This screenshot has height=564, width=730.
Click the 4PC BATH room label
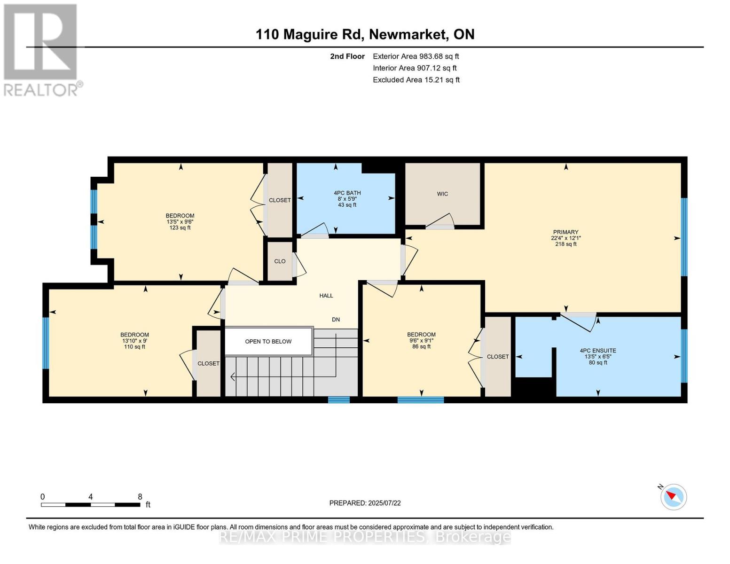(347, 193)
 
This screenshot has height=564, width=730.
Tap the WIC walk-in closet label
(442, 194)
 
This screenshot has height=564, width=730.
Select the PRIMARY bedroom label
(565, 232)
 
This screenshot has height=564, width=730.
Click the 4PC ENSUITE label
(598, 351)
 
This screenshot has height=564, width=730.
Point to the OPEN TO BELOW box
(268, 342)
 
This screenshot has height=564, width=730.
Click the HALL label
(326, 296)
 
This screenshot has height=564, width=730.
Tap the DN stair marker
(336, 320)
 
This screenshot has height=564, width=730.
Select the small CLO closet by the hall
(280, 261)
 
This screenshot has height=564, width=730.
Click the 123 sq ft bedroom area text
(180, 228)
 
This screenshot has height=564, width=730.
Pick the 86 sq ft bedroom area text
(421, 347)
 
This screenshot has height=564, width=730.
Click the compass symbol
(674, 496)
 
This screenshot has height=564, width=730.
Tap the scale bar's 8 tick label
(140, 496)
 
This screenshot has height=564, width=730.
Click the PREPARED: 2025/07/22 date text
(365, 503)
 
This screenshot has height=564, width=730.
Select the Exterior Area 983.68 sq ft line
(416, 56)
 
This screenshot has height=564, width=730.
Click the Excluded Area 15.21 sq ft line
(416, 80)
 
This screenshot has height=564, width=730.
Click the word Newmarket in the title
(407, 34)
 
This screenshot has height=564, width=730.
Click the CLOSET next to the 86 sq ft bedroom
(498, 357)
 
